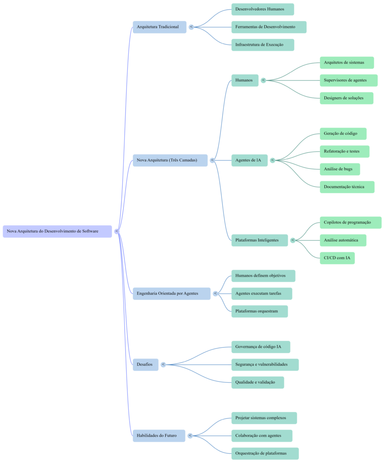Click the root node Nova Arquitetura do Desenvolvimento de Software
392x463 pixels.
pos(57,231)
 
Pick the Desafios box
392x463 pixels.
pos(145,364)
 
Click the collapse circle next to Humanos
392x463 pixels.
pos(263,80)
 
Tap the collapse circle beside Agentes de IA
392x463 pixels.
pos(272,160)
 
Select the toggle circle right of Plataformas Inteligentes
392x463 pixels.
pos(292,240)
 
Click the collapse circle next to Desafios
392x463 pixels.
pos(163,364)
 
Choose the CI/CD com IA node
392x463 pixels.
pos(337,258)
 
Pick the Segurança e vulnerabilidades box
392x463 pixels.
pos(265,364)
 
